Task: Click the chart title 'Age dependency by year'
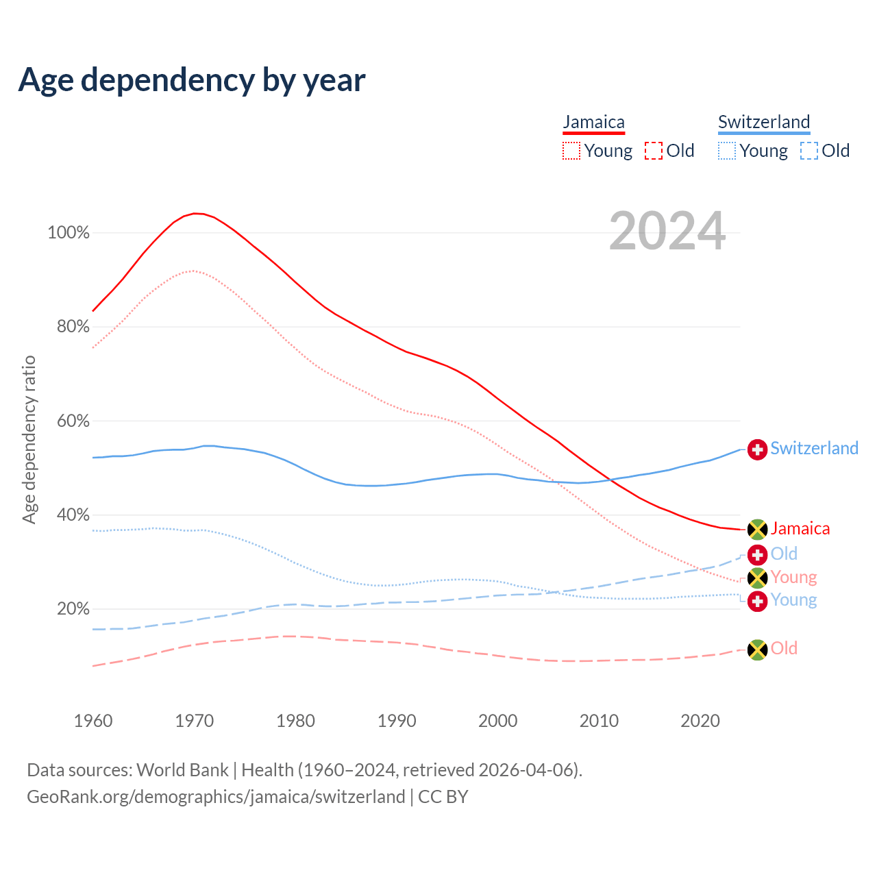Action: coord(192,80)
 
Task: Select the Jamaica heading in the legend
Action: coord(593,123)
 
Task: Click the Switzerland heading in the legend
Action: coord(764,123)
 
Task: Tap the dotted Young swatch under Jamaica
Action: coord(571,151)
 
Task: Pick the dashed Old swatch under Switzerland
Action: coord(809,151)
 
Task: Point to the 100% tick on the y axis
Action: coord(69,233)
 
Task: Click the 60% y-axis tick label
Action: coord(73,421)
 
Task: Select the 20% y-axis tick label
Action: coord(73,608)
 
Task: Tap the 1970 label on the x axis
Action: coord(195,721)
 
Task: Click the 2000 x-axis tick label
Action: coord(498,721)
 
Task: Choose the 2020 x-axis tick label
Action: coord(700,721)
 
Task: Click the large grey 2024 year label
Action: coord(667,232)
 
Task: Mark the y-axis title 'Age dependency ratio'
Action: coord(29,439)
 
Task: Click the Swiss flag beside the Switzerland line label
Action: coord(757,449)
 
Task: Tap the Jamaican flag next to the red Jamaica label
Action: coord(757,529)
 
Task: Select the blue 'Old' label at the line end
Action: coord(784,554)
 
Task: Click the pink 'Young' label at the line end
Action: coord(793,577)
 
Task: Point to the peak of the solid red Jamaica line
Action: coord(195,213)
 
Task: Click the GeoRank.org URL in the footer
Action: coord(216,797)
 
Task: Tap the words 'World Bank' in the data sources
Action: coord(182,770)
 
